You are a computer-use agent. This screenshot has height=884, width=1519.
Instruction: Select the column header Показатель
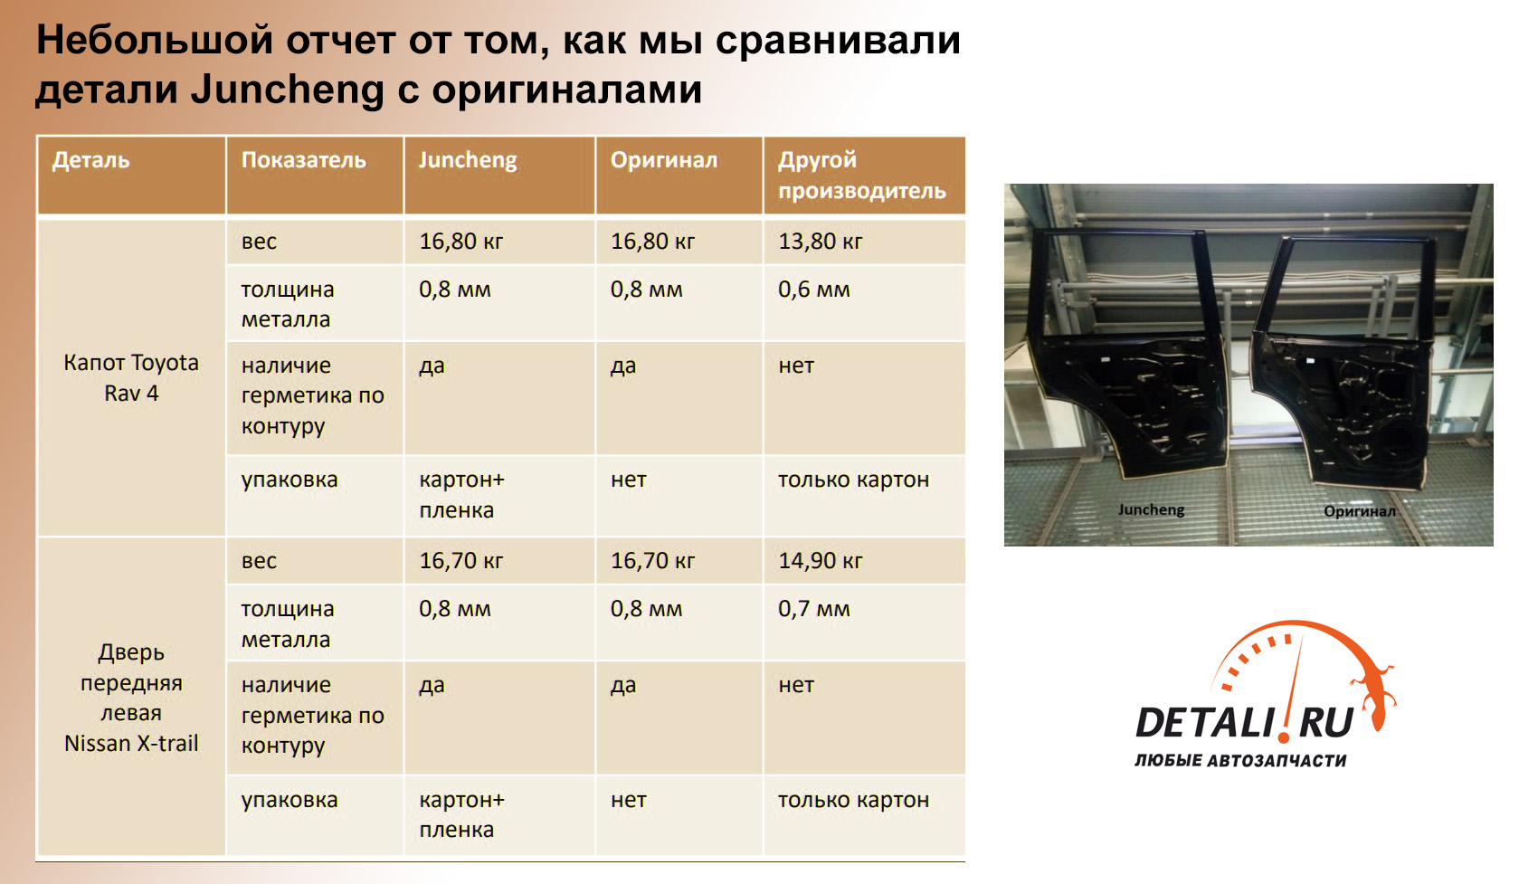pos(304,160)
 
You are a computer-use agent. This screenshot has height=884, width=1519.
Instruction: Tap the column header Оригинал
pos(664,160)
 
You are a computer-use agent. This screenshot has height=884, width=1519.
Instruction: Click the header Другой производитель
pos(862,175)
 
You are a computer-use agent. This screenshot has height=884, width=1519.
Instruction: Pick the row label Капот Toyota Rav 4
pos(131,377)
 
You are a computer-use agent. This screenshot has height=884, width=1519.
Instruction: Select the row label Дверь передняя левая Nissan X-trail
pos(131,697)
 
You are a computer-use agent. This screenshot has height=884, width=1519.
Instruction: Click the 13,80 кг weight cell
pos(821,242)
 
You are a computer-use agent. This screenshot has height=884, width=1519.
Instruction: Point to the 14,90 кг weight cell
pos(821,561)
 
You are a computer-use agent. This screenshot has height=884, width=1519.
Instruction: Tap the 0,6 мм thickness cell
pos(813,290)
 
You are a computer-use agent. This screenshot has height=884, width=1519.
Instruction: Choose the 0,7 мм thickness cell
pos(813,609)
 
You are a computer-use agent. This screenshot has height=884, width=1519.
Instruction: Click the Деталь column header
pos(90,160)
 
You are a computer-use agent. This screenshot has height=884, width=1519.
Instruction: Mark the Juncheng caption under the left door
pos(1151,509)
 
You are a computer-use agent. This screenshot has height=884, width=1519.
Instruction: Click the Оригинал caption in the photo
pos(1360,511)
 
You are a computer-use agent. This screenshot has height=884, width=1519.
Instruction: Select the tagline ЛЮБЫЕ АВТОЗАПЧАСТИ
pos(1240,761)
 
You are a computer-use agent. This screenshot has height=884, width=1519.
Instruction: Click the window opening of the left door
pos(1125,285)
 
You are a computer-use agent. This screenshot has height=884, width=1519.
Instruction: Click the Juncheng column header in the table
pos(468,160)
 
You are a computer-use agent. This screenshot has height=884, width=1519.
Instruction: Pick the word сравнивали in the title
pos(838,40)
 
